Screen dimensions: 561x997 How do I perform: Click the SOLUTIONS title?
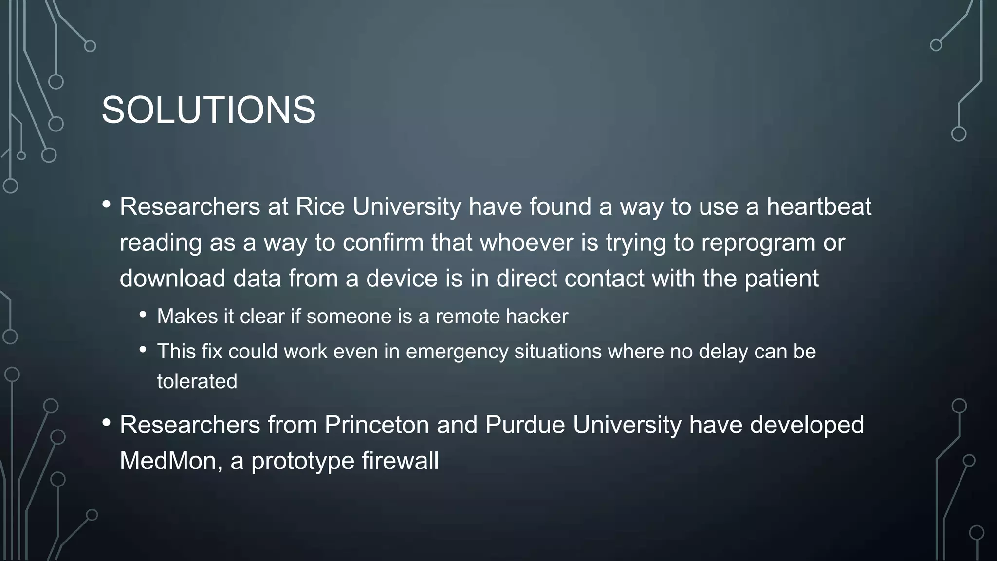[208, 110]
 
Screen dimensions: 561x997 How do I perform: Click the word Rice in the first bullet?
[320, 206]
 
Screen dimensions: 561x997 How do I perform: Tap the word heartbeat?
[819, 206]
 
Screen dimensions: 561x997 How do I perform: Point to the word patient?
[781, 279]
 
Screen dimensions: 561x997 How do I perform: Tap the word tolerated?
[197, 381]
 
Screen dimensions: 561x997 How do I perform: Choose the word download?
[172, 279]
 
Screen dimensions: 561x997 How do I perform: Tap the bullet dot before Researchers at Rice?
[107, 205]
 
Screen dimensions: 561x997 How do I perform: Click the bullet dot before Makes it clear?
[143, 315]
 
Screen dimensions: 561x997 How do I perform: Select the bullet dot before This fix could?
[143, 349]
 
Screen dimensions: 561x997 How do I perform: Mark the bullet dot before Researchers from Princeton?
[107, 423]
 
